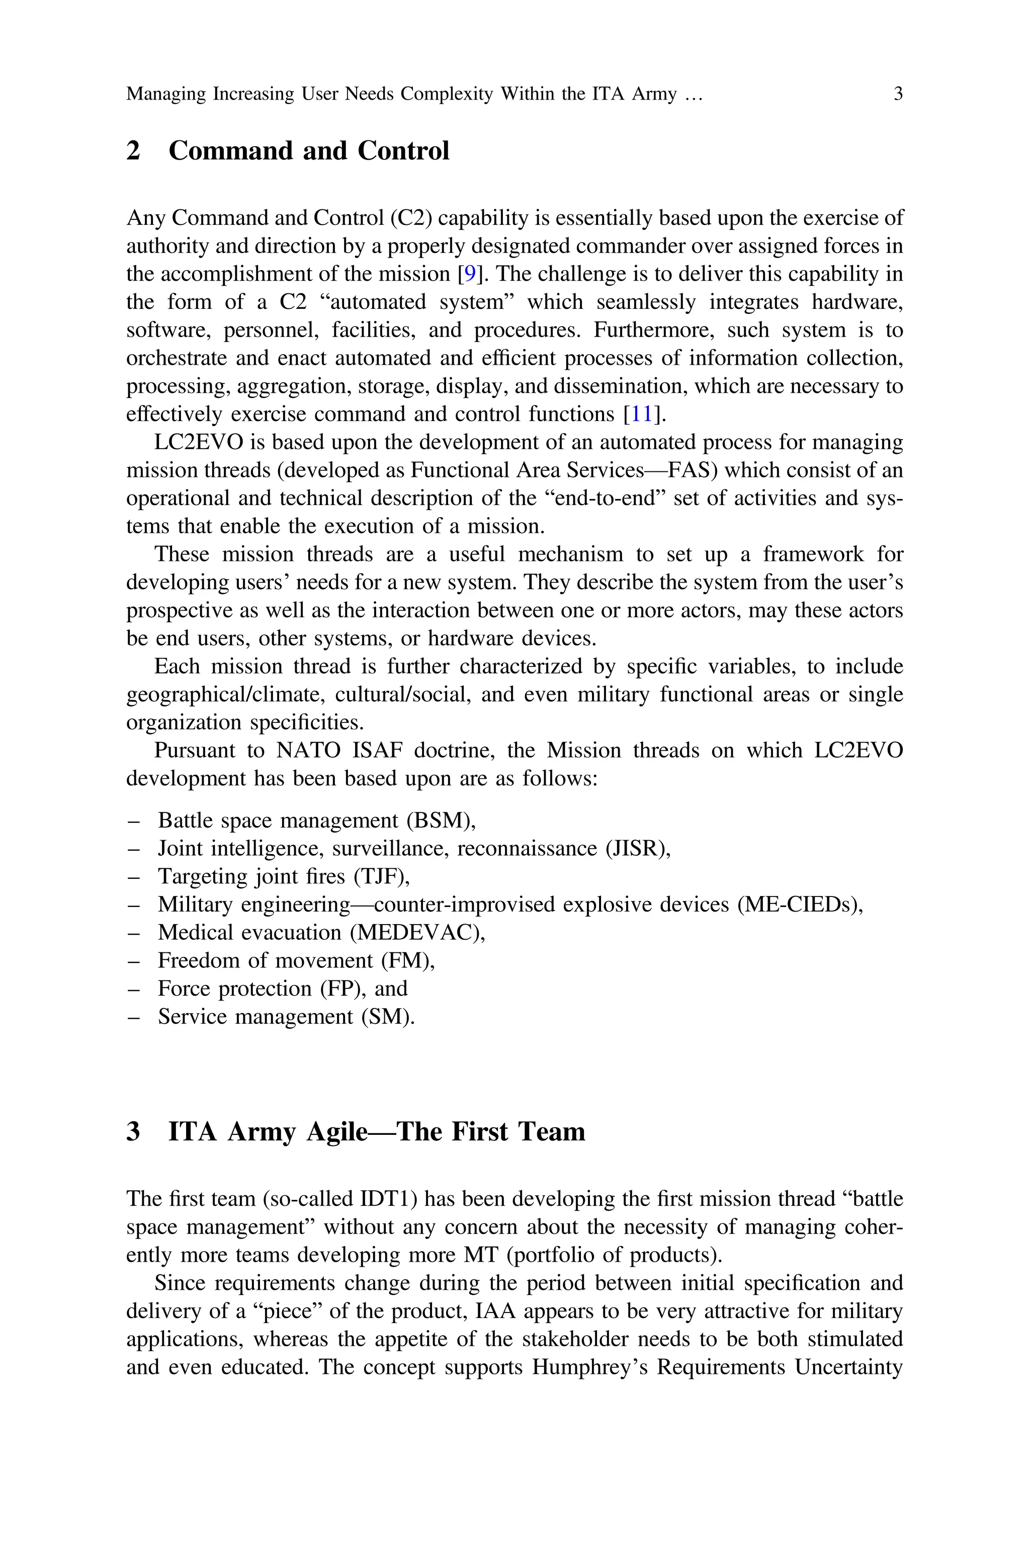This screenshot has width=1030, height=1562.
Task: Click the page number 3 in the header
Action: (898, 94)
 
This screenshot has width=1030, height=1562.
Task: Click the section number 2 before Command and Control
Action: (133, 151)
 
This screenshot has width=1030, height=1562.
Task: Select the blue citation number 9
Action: (470, 274)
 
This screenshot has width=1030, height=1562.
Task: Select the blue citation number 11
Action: (642, 415)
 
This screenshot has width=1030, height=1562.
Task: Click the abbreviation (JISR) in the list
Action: (637, 849)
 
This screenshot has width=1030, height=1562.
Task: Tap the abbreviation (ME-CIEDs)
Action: (799, 905)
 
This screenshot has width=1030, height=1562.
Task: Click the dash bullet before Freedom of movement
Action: (133, 961)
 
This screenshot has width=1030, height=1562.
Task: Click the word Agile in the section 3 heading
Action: (336, 1132)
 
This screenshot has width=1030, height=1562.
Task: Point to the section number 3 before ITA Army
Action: (133, 1132)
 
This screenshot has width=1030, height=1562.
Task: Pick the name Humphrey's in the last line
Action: (588, 1367)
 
